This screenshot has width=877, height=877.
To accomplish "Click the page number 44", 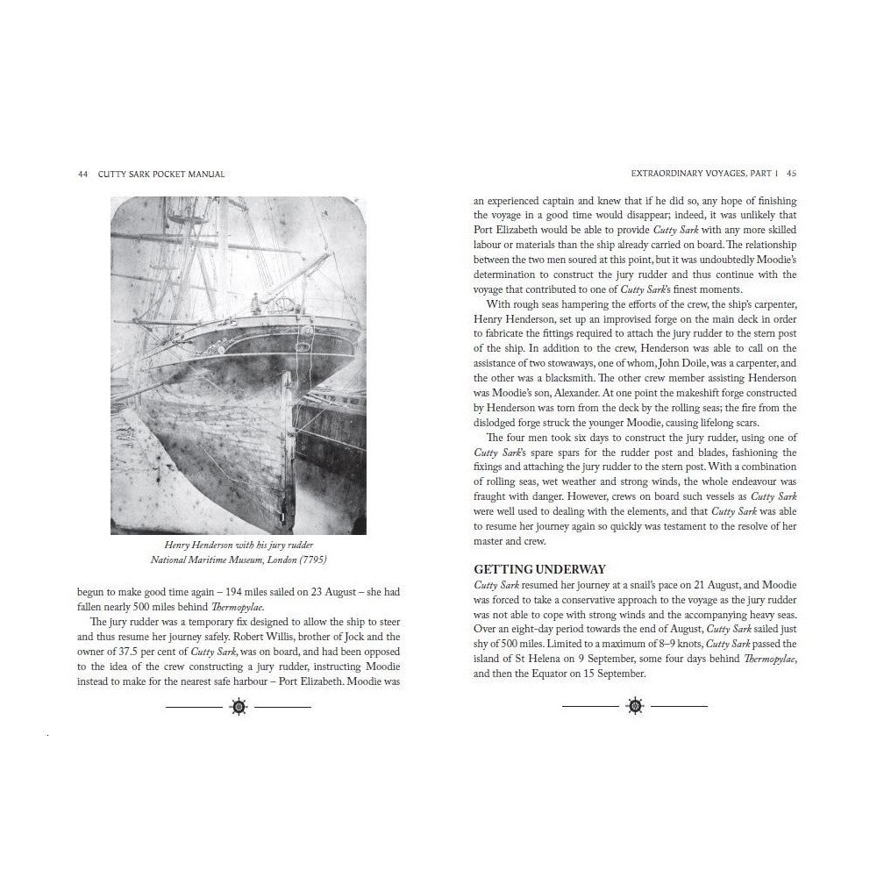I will [82, 174].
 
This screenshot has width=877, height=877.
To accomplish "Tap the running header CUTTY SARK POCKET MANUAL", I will [162, 174].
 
